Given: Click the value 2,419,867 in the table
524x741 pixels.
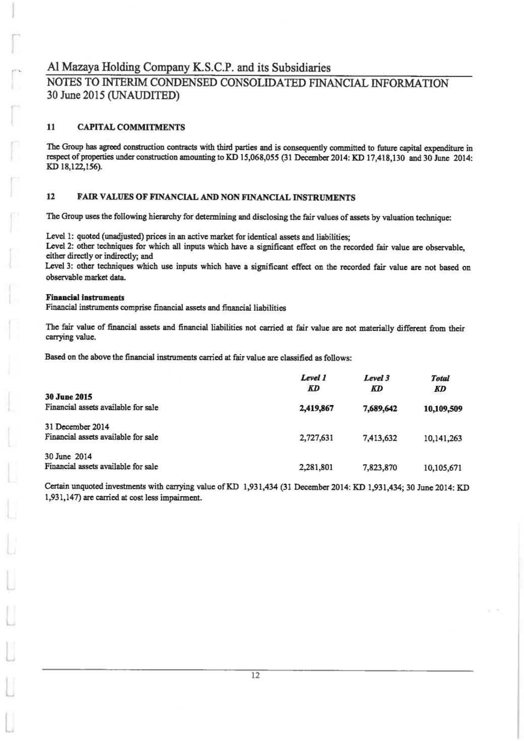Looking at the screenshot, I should tap(316, 409).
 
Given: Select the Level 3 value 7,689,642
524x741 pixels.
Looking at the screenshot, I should tap(379, 409).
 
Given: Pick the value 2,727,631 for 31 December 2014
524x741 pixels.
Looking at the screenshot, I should tap(316, 438).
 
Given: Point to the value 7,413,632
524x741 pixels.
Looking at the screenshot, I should tap(379, 438).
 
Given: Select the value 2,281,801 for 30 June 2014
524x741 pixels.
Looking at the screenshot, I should tap(316, 467).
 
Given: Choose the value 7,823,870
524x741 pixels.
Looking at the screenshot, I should tap(379, 467).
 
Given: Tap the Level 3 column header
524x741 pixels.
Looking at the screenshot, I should tap(377, 378).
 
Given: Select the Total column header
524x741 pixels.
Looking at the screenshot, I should tap(440, 378).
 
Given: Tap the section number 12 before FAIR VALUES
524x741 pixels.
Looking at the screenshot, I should tap(50, 197).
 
